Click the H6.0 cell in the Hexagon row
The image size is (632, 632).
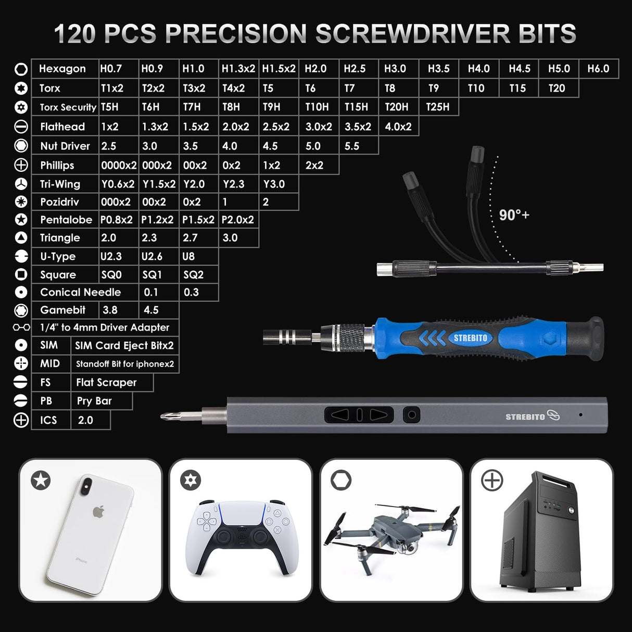[x=598, y=69]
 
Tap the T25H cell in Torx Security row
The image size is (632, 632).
[x=437, y=107]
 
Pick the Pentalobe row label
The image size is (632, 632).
[x=66, y=220]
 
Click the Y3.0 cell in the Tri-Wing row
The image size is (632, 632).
[x=274, y=184]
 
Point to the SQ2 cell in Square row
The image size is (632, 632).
[x=193, y=274]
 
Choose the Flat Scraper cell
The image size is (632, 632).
[x=106, y=382]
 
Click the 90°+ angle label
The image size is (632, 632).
[x=514, y=215]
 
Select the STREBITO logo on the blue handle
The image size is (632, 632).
[x=470, y=338]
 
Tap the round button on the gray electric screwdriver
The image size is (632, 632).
[x=412, y=415]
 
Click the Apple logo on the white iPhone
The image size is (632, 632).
[x=98, y=511]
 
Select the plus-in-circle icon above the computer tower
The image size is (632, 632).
[x=492, y=481]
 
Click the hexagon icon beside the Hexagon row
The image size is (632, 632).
[x=21, y=69]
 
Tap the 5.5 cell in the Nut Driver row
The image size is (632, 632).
[x=352, y=146]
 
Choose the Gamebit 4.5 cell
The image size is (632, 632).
[x=151, y=310]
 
